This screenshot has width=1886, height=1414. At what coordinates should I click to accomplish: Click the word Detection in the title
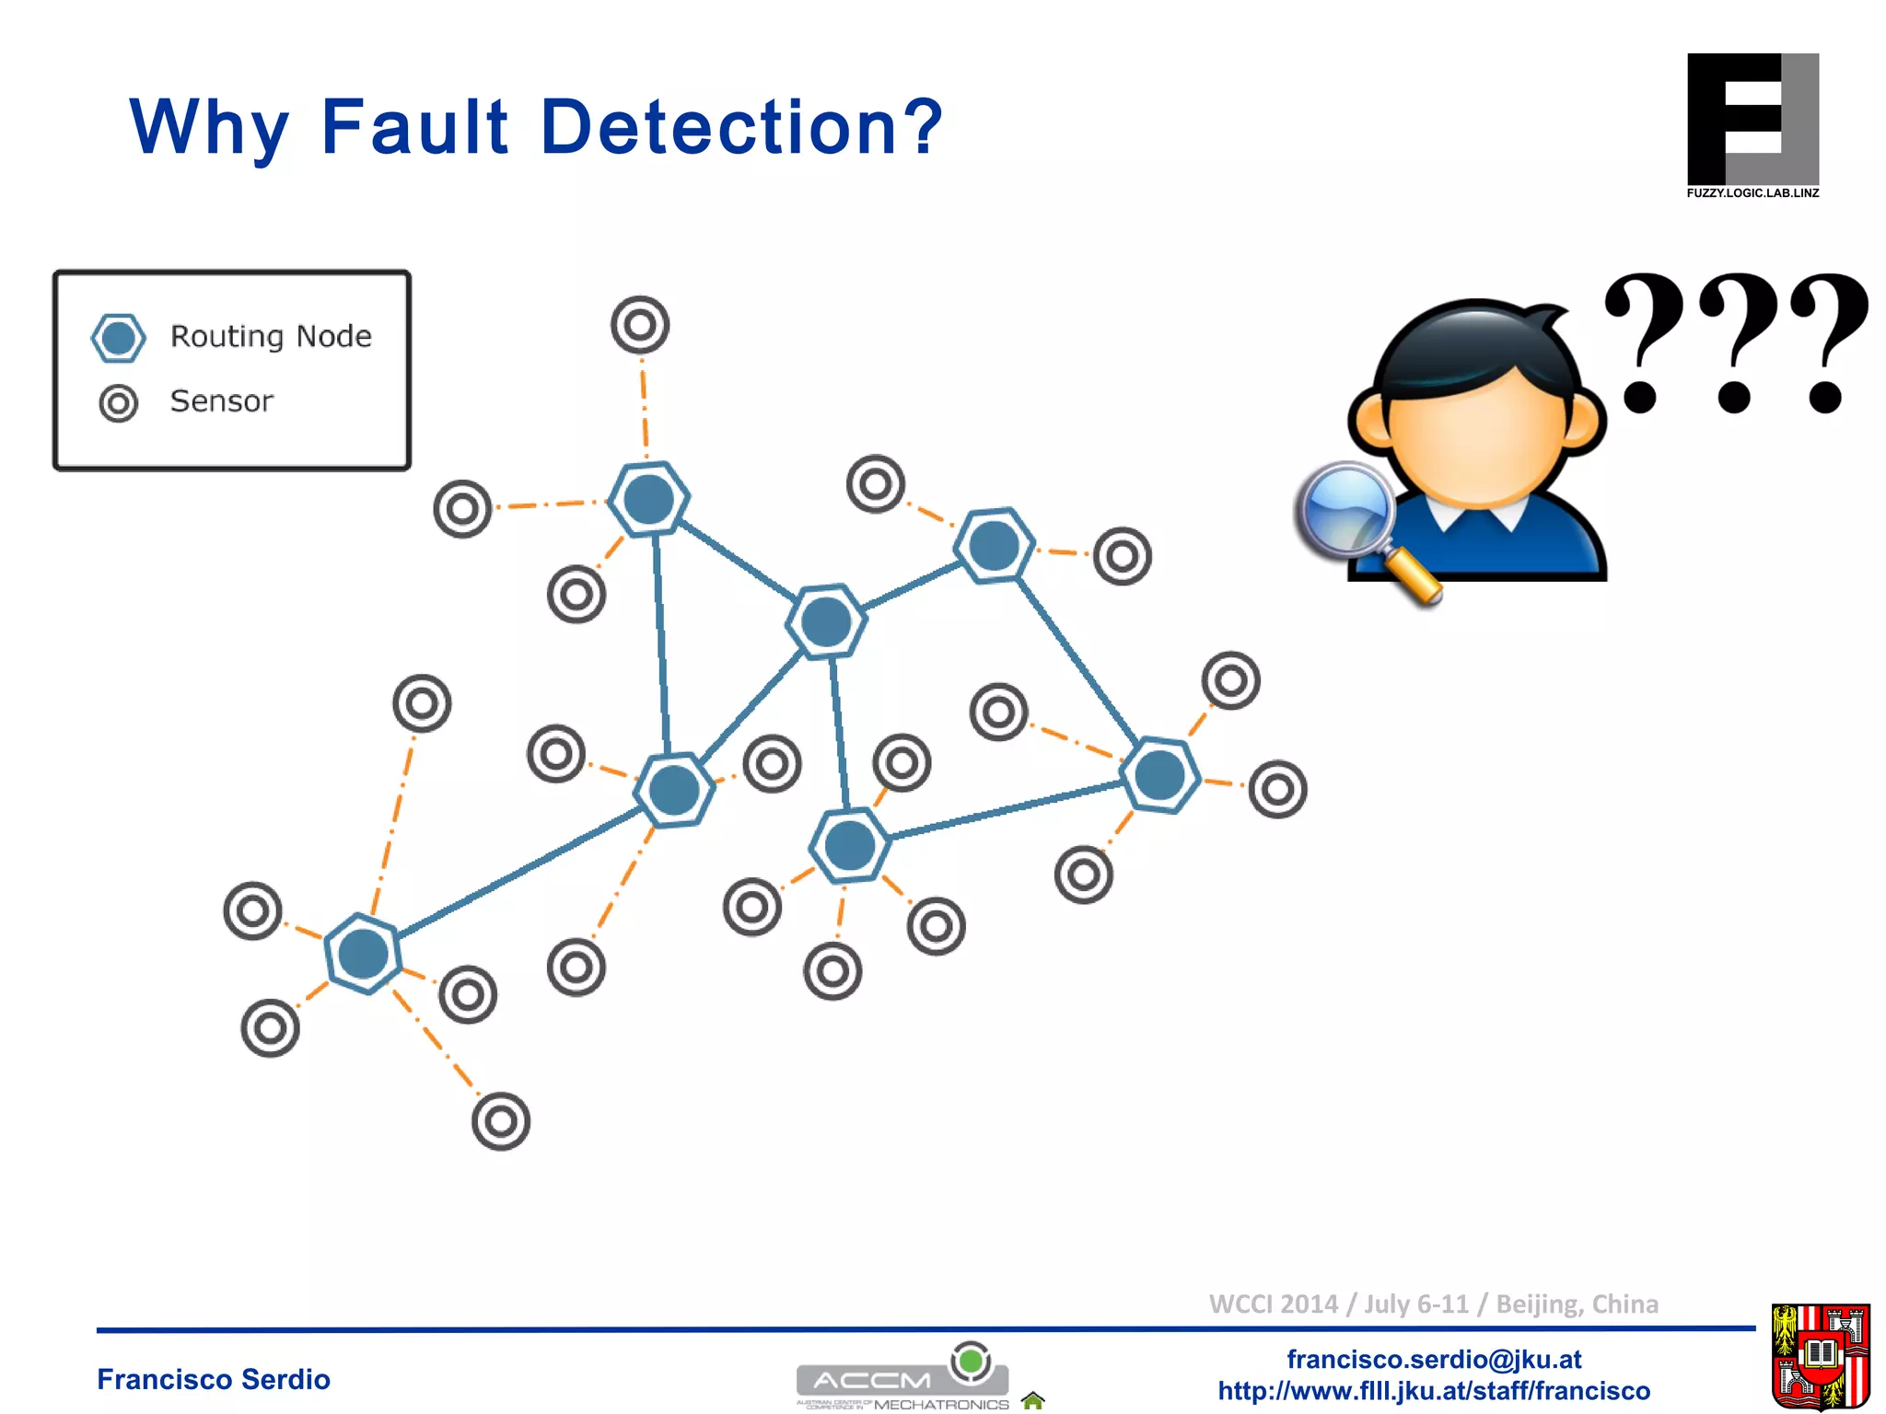(x=741, y=127)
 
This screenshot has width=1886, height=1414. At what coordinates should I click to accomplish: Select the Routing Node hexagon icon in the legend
(x=119, y=338)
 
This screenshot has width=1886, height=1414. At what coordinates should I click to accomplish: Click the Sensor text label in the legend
(x=221, y=401)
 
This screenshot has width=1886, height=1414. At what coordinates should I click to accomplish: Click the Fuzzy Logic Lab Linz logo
(x=1752, y=125)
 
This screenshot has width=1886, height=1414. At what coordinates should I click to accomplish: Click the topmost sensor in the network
(x=640, y=325)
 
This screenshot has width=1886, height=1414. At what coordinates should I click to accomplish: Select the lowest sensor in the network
(x=501, y=1121)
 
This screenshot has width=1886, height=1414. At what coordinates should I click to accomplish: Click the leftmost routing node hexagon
(x=364, y=954)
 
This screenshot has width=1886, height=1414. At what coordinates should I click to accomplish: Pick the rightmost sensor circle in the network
(x=1277, y=789)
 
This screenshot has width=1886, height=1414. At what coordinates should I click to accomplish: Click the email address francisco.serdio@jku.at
(x=1434, y=1359)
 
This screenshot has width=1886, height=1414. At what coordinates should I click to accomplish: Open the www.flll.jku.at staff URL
(x=1434, y=1390)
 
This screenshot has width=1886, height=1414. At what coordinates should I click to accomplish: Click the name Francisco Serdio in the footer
(x=214, y=1379)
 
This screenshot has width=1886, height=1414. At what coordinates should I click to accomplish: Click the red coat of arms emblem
(x=1821, y=1356)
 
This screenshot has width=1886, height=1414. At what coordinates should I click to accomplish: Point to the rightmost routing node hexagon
(x=1160, y=775)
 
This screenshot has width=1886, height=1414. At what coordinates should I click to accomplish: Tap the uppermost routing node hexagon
(x=649, y=499)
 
